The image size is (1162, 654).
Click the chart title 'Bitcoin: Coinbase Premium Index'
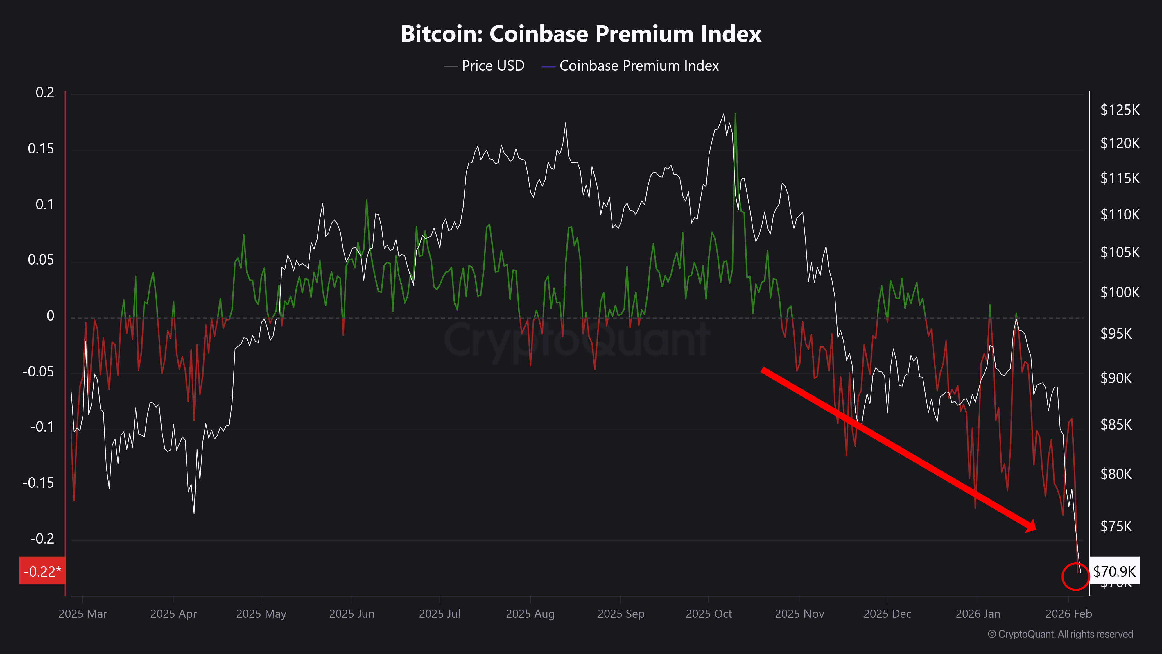pos(581,34)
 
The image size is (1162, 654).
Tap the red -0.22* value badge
pos(42,571)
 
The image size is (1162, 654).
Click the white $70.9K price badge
pos(1114,571)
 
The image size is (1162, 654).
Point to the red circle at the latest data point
pos(1075,576)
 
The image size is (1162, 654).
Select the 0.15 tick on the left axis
pos(41,149)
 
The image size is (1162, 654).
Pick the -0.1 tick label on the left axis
pos(42,426)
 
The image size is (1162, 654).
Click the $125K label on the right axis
pos(1120,110)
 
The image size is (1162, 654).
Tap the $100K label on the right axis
pos(1120,292)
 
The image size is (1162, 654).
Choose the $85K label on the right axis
pos(1116,425)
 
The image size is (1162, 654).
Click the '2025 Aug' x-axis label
pos(530,614)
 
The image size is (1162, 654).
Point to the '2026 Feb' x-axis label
pos(1068,614)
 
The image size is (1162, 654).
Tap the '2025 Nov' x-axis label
pos(799,614)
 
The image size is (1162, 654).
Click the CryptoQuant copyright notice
pos(1060,634)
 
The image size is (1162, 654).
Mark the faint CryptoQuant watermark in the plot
pos(578,339)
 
